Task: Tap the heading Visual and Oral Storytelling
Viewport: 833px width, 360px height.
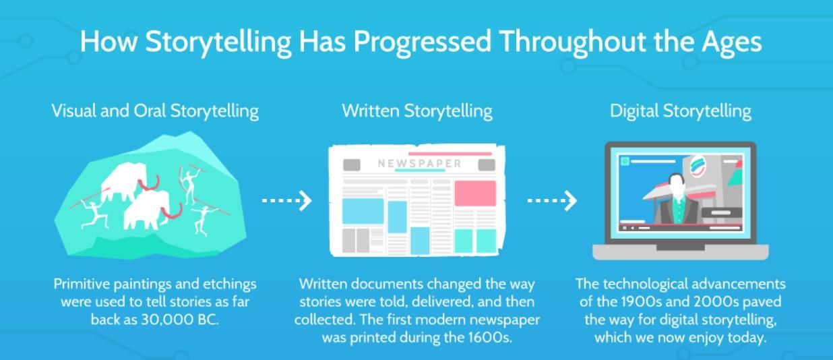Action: (x=155, y=111)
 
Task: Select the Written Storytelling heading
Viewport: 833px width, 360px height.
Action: (x=417, y=111)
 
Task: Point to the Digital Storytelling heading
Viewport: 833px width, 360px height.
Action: (x=681, y=111)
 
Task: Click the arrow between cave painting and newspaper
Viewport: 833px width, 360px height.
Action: (x=287, y=200)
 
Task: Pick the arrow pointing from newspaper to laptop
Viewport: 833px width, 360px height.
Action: (x=552, y=200)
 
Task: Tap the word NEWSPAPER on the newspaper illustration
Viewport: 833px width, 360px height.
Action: (x=419, y=163)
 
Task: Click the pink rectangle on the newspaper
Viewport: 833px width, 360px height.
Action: (x=474, y=193)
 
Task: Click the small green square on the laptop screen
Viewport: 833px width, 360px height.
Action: (x=625, y=162)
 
